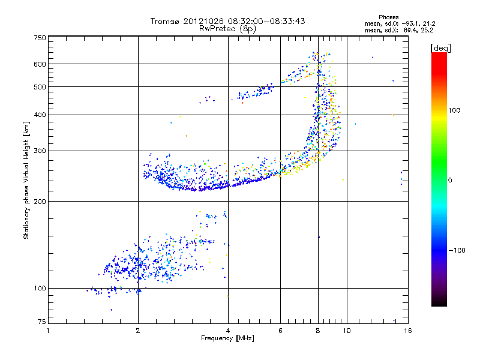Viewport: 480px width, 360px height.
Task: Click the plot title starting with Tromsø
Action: click(227, 21)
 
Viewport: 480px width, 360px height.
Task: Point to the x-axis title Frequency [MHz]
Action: click(227, 339)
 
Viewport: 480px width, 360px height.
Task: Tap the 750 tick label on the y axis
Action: click(40, 38)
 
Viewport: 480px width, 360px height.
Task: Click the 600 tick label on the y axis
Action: click(40, 64)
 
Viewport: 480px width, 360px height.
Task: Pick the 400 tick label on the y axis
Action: click(40, 115)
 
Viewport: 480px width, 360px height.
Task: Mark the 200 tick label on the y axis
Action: click(40, 201)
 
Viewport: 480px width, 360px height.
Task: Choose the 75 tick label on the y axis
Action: click(41, 322)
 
